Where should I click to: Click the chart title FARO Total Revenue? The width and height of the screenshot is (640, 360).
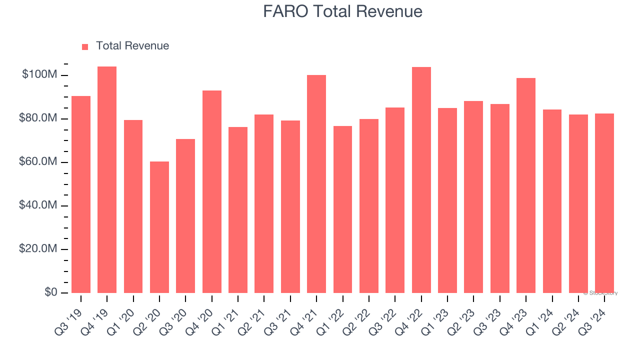[342, 11]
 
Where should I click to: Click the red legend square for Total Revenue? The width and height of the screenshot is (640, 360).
[85, 46]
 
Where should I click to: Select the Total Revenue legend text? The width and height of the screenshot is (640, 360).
[132, 46]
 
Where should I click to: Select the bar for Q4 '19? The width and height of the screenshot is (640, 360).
[107, 180]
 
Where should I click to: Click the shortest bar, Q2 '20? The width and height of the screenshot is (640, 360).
[159, 227]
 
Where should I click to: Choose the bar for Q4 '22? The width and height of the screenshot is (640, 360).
[421, 180]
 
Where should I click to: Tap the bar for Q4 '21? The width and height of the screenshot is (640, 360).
[316, 184]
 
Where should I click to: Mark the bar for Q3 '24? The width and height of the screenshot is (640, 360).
[604, 203]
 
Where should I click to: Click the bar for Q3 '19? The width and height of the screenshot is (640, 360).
[81, 194]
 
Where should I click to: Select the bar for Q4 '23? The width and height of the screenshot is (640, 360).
[526, 185]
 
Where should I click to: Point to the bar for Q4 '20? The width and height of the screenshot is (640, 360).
[212, 191]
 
